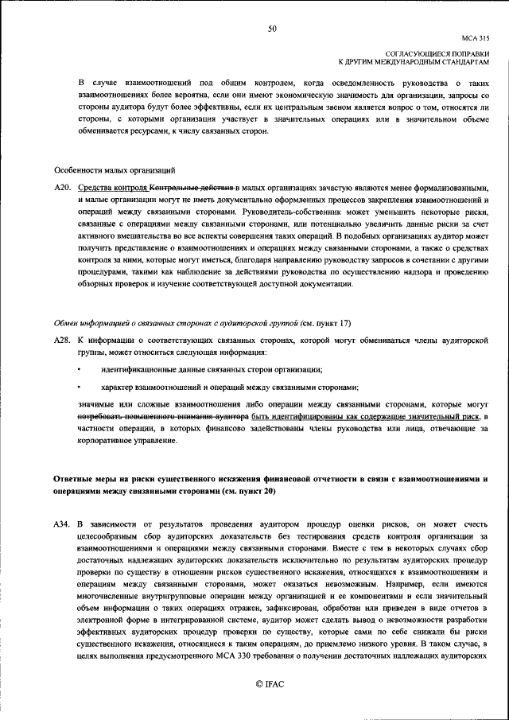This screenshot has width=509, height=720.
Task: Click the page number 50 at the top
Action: (272, 29)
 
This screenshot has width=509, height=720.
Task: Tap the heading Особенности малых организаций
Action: (115, 171)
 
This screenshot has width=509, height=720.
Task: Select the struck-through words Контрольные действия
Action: (193, 187)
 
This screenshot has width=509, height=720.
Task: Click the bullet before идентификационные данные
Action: (79, 369)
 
